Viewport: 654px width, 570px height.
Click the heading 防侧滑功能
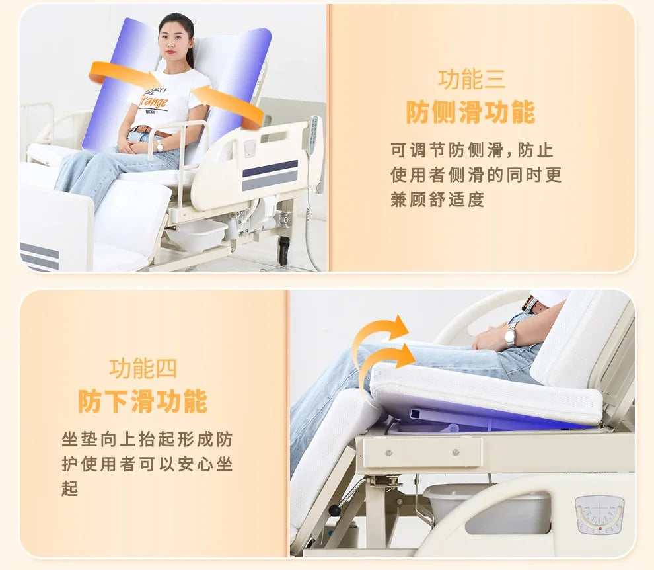point(470,112)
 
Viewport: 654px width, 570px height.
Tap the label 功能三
point(471,79)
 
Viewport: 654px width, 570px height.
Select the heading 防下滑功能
point(143,401)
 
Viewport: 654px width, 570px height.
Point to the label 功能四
point(143,368)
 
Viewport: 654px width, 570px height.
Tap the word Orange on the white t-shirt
point(154,102)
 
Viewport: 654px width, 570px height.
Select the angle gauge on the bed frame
point(599,514)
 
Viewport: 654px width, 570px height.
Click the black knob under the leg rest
point(336,510)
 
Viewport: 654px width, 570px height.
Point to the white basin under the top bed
point(197,235)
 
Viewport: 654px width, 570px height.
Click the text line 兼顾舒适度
point(437,200)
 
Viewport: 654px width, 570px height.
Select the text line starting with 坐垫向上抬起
point(147,440)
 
